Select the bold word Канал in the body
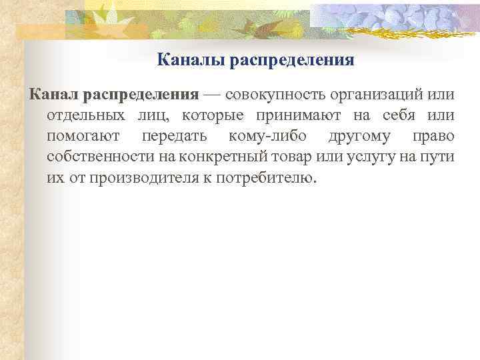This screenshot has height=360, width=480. click(55, 95)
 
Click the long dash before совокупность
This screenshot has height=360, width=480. click(213, 95)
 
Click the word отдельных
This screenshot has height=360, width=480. click(85, 116)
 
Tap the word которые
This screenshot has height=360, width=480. click(213, 116)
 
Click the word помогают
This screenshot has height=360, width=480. click(84, 137)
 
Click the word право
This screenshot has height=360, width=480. click(433, 137)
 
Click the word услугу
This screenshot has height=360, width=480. click(371, 157)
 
